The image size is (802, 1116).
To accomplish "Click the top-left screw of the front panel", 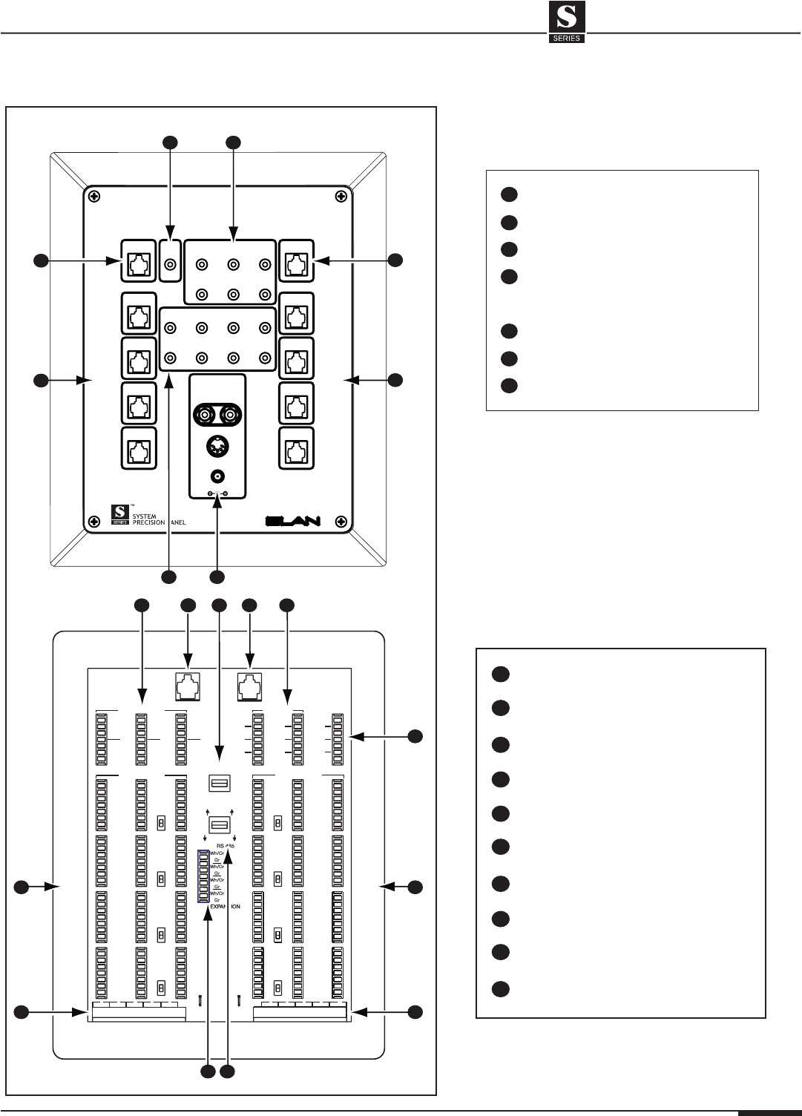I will [93, 197].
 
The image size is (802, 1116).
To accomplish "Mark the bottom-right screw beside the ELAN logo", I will [340, 519].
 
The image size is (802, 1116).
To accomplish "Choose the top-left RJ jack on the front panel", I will [139, 262].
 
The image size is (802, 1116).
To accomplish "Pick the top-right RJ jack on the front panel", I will [295, 262].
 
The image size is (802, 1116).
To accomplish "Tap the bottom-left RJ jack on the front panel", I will [139, 449].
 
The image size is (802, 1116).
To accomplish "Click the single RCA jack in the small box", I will [172, 263].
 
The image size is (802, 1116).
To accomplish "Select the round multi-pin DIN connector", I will [217, 447].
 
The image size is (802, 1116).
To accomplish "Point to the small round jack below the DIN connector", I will [217, 476].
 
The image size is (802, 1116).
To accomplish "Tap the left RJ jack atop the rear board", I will [188, 687].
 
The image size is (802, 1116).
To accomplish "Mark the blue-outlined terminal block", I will [203, 876].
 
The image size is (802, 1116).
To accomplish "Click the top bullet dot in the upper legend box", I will [507, 194].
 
